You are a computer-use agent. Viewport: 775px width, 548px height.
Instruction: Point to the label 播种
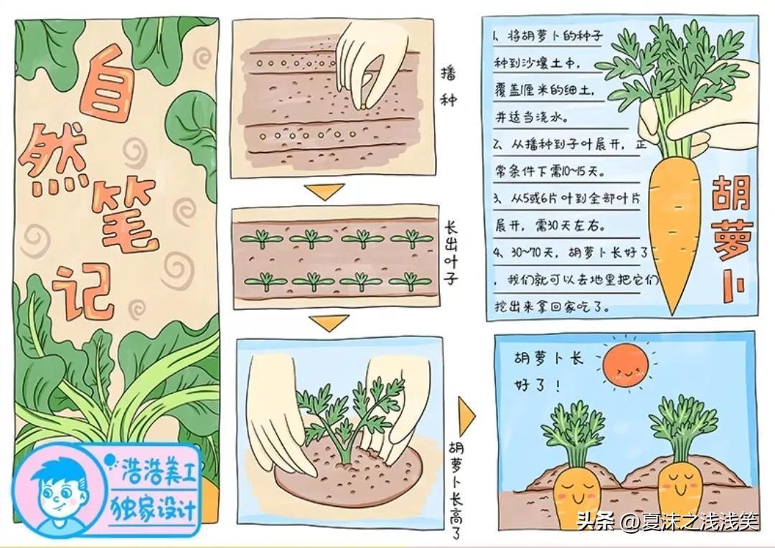(x=448, y=87)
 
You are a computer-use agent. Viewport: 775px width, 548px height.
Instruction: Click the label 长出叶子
(x=450, y=252)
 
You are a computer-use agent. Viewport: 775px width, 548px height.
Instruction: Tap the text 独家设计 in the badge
(x=154, y=508)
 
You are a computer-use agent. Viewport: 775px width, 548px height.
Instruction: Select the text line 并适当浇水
(x=532, y=118)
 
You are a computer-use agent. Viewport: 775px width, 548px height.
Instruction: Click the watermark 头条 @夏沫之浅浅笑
(x=667, y=520)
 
